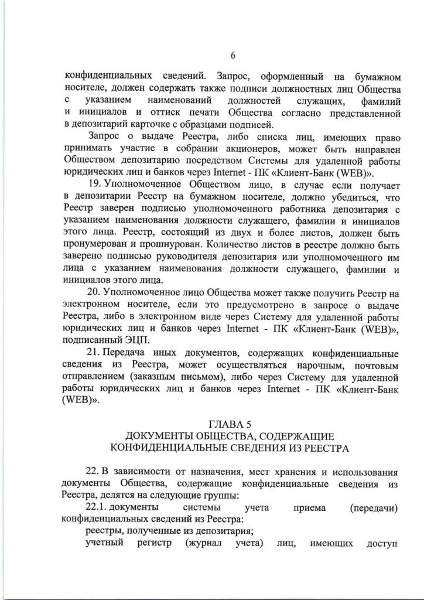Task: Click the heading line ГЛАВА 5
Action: pos(232,423)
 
